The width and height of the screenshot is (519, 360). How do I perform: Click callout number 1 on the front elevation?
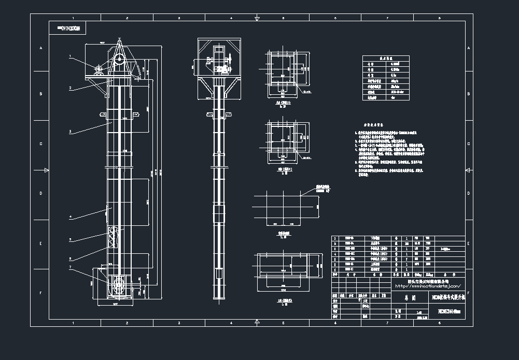click(70, 56)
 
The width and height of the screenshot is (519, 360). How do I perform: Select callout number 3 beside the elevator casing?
click(70, 132)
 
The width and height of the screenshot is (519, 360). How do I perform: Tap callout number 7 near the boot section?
click(70, 267)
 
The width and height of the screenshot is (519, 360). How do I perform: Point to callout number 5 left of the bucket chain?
click(70, 240)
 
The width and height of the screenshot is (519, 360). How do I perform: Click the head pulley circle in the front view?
click(119, 59)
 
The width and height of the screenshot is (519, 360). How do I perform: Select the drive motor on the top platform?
click(98, 68)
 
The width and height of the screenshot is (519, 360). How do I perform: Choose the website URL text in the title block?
click(428, 285)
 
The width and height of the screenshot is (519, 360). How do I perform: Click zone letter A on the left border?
click(40, 48)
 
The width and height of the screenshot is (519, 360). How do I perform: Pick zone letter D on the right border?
click(469, 193)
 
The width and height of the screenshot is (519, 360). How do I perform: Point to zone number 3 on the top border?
click(179, 18)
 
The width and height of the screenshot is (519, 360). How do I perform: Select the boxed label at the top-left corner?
click(68, 28)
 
